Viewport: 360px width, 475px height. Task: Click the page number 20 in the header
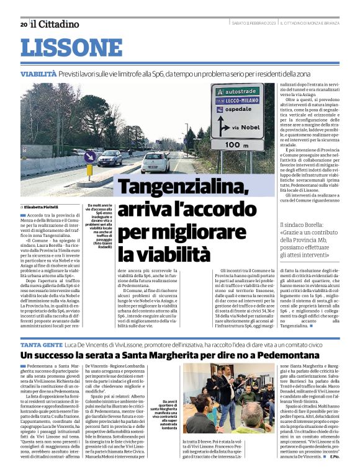click(x=24, y=24)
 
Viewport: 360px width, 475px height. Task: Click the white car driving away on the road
click(x=155, y=162)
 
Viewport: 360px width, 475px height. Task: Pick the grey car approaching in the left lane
click(x=110, y=158)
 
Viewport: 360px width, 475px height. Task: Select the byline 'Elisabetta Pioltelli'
click(x=44, y=206)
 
